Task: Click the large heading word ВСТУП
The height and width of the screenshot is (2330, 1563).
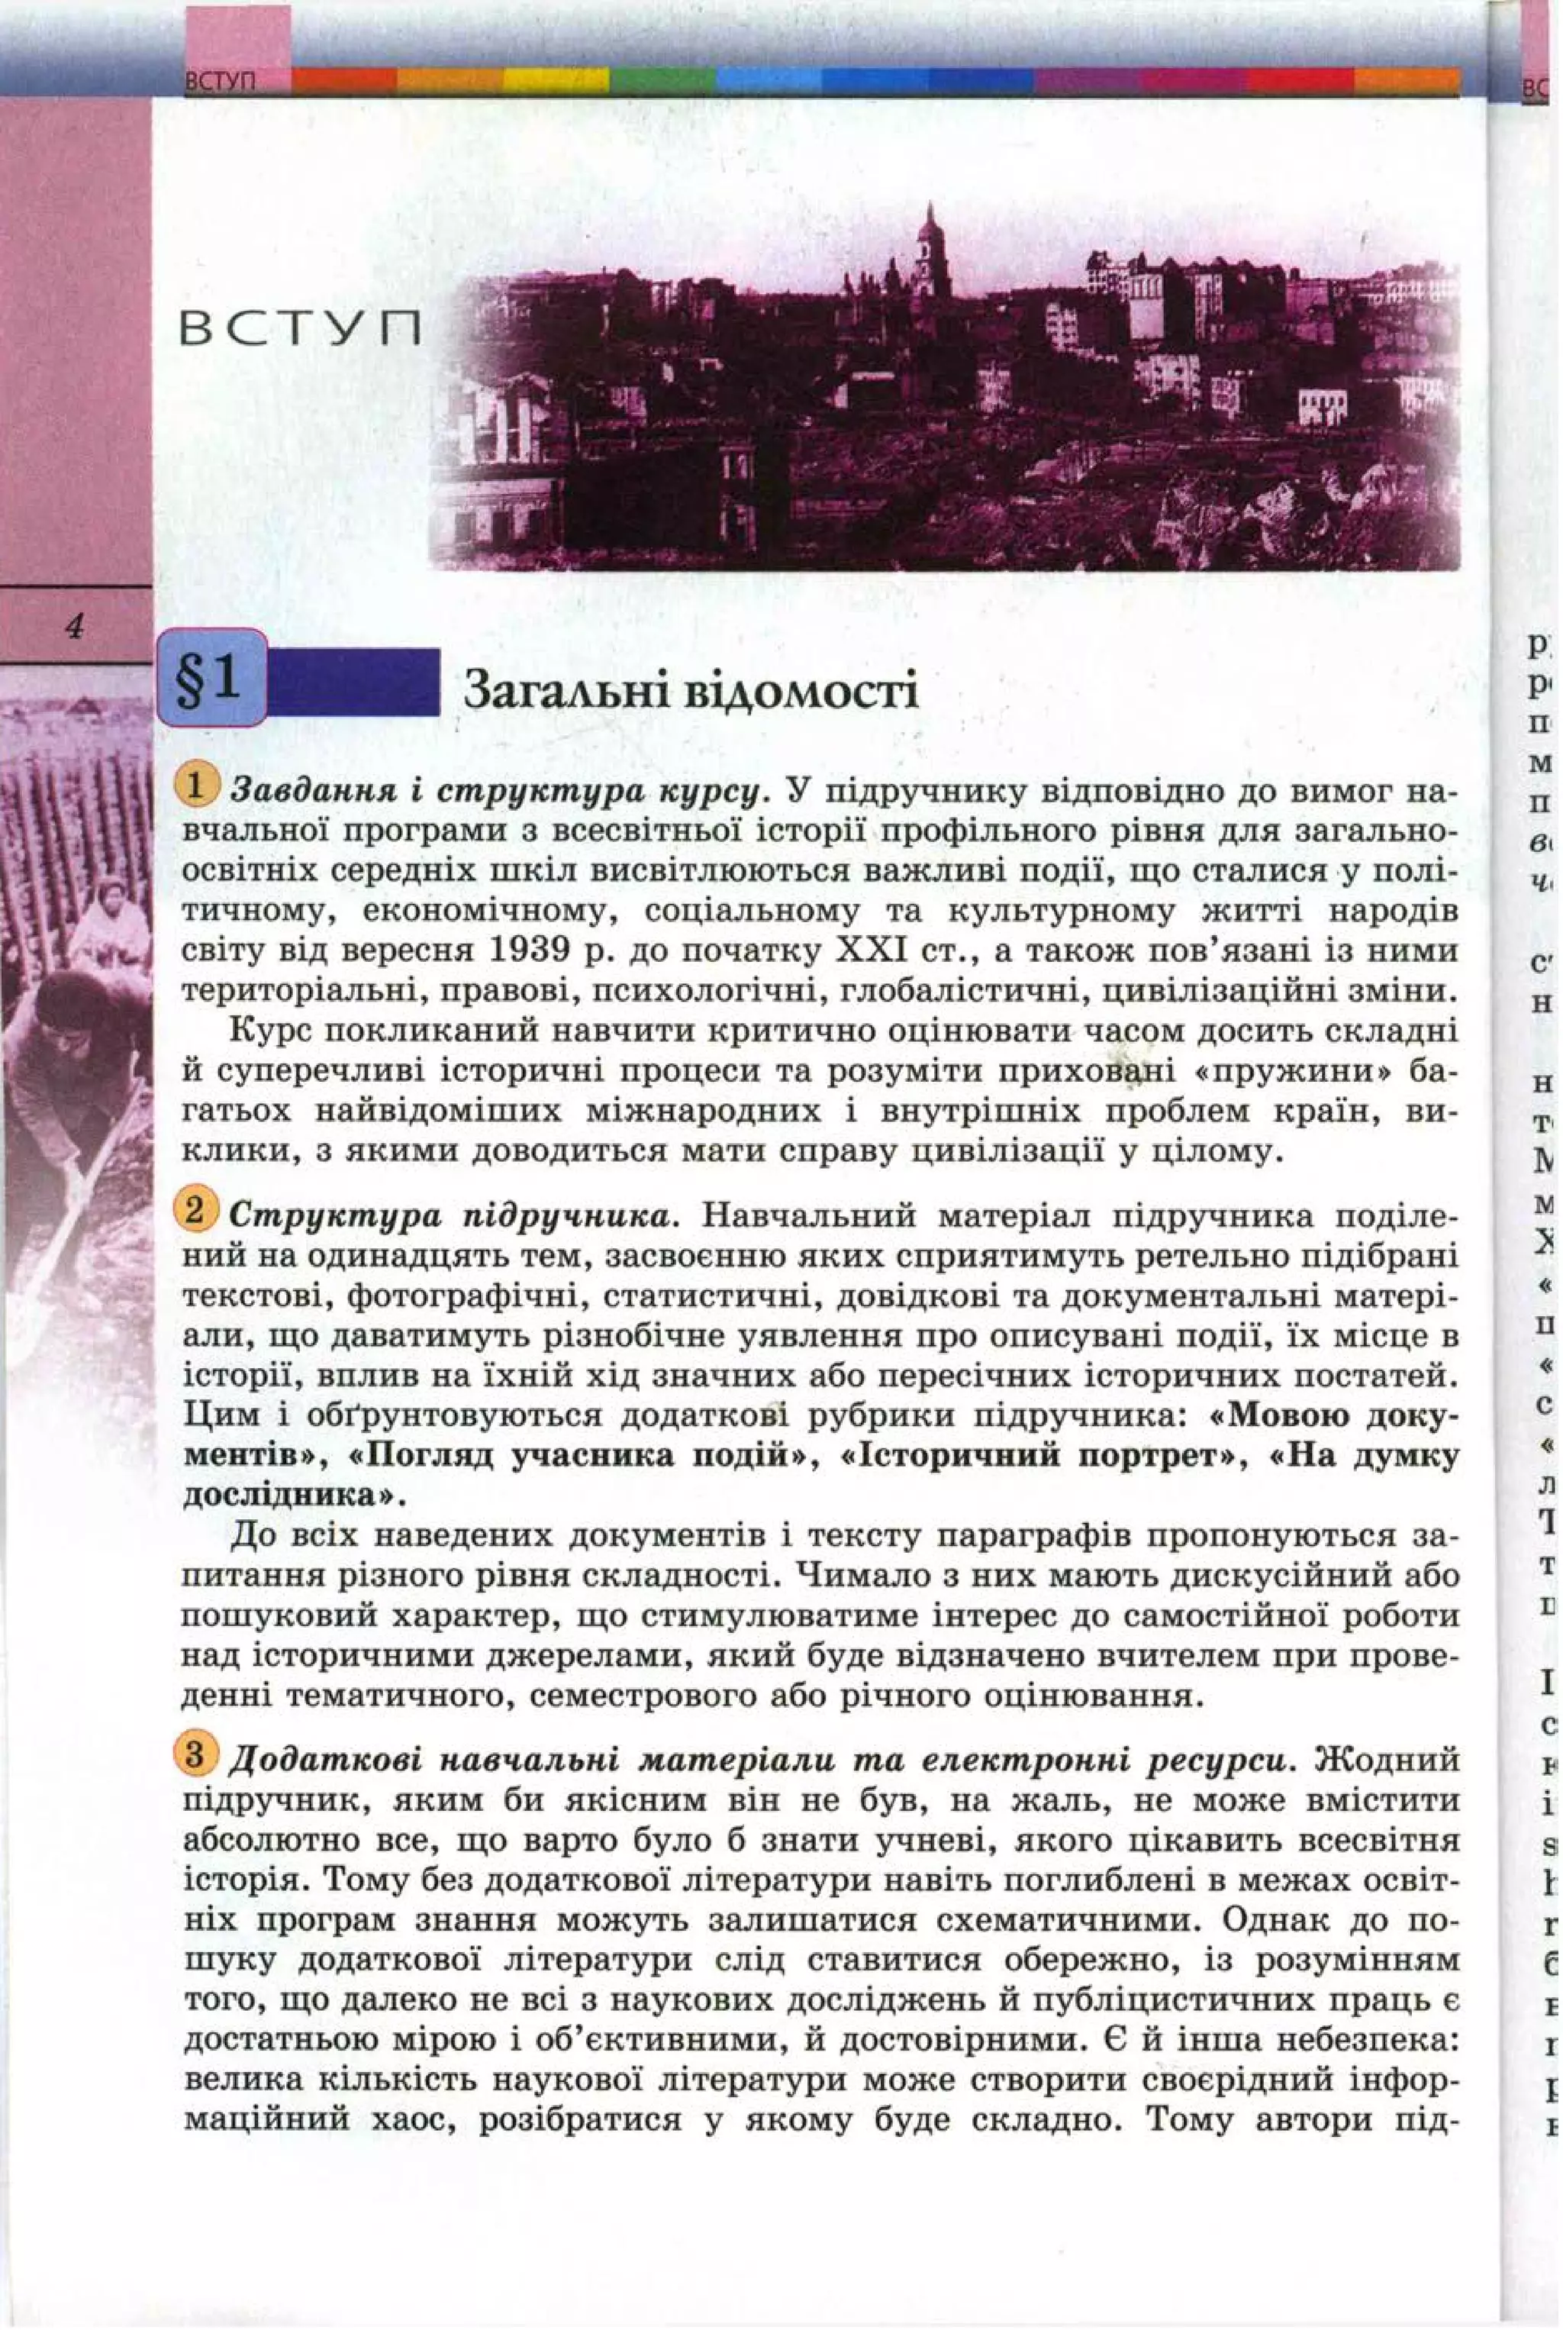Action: tap(300, 329)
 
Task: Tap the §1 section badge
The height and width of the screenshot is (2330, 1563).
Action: tap(211, 679)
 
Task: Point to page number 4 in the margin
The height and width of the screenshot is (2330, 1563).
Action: tap(74, 626)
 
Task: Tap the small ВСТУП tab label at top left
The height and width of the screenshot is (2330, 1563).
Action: tap(221, 82)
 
